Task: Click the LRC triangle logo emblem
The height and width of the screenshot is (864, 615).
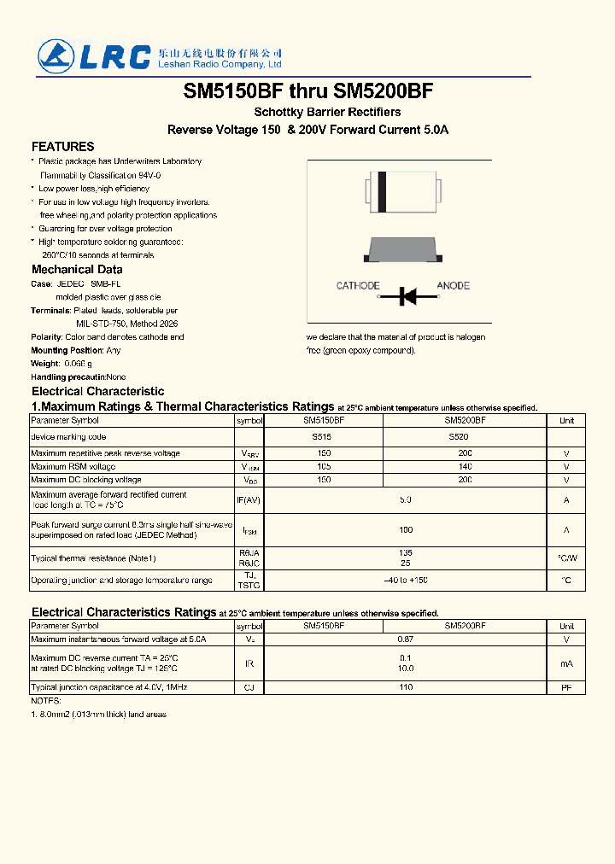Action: (x=56, y=56)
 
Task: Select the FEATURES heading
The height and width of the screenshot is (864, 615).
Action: (x=62, y=147)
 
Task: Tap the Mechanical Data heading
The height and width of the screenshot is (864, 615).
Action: (x=77, y=270)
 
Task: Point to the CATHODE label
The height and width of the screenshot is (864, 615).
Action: (x=358, y=286)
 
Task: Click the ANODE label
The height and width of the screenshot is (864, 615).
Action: (x=453, y=286)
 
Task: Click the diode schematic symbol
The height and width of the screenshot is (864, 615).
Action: (x=407, y=296)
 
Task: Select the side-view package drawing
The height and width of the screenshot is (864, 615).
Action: (x=402, y=249)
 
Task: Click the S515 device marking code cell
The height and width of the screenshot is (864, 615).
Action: (x=323, y=437)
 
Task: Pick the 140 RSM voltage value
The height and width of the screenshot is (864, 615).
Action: (x=465, y=467)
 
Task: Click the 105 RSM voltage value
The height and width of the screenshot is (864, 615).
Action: (x=323, y=467)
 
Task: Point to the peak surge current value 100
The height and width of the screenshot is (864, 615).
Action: (x=406, y=530)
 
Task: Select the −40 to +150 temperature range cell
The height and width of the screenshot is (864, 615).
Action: (x=406, y=581)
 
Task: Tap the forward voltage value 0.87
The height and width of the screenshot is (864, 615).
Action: (x=406, y=639)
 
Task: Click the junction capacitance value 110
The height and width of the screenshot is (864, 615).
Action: (x=406, y=687)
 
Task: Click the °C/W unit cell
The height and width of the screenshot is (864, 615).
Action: (x=566, y=558)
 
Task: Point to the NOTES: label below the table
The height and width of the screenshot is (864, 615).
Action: (x=46, y=701)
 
